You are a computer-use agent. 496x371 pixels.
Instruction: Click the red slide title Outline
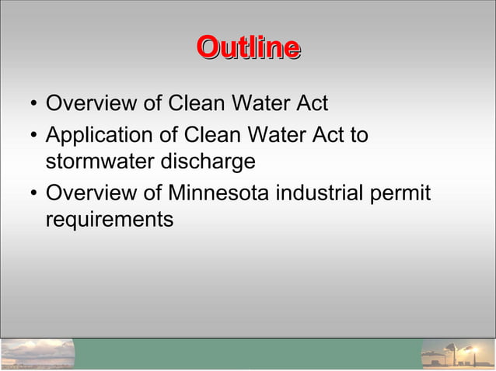[248, 47]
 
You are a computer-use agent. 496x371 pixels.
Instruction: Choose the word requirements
[110, 220]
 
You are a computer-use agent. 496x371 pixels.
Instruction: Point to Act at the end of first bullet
[314, 102]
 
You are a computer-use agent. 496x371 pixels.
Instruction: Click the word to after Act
[358, 136]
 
